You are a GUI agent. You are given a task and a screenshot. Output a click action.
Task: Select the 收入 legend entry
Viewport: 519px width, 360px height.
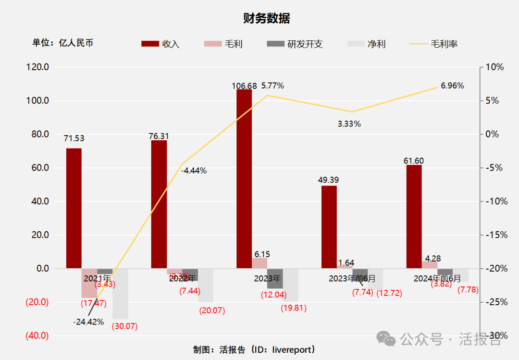[x=161, y=44]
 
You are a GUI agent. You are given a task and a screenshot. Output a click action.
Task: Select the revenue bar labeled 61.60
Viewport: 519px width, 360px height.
[x=414, y=216]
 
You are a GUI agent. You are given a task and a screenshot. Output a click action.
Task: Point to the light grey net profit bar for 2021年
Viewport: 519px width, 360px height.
[x=120, y=294]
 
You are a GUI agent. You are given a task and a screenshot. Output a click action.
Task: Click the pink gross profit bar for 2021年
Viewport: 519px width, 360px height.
[x=89, y=283]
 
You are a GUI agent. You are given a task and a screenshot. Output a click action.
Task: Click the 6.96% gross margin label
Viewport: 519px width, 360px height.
[x=452, y=86]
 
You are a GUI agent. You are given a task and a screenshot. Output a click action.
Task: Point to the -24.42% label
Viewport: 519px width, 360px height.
[x=88, y=322]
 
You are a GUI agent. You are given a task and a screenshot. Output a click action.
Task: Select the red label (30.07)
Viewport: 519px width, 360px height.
[x=124, y=326]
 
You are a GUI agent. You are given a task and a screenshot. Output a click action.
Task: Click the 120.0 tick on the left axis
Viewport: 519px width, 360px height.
[x=37, y=67]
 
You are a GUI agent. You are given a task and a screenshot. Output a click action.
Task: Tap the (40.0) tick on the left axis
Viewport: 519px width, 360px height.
[x=37, y=335]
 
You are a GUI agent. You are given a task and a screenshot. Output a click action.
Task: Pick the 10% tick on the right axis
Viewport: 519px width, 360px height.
[x=494, y=67]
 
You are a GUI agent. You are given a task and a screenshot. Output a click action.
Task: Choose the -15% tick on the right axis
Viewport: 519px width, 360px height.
[x=494, y=235]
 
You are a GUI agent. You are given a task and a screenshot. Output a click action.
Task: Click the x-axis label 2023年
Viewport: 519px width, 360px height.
[x=267, y=278]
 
